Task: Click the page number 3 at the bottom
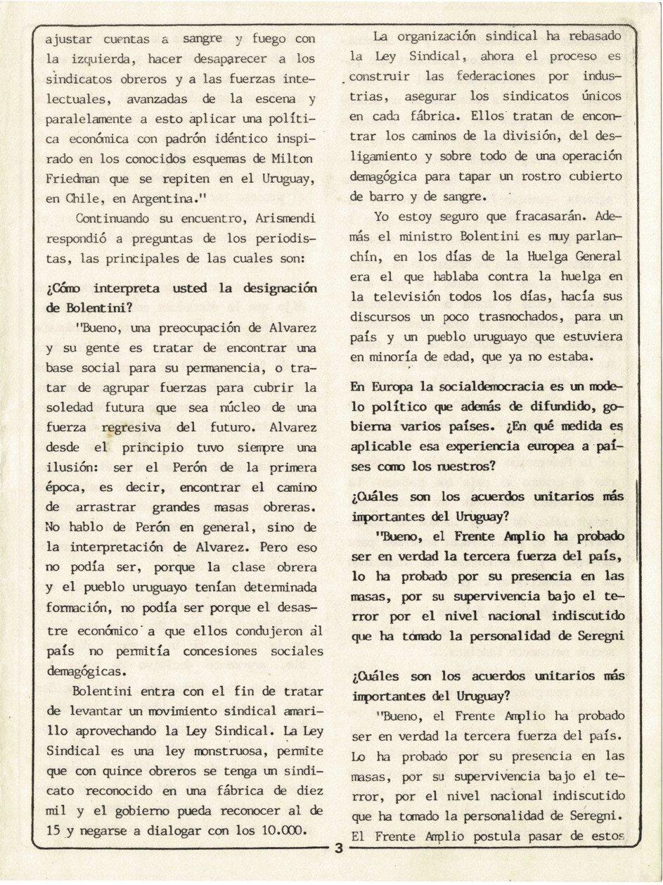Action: [338, 849]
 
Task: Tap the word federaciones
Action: [497, 76]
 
